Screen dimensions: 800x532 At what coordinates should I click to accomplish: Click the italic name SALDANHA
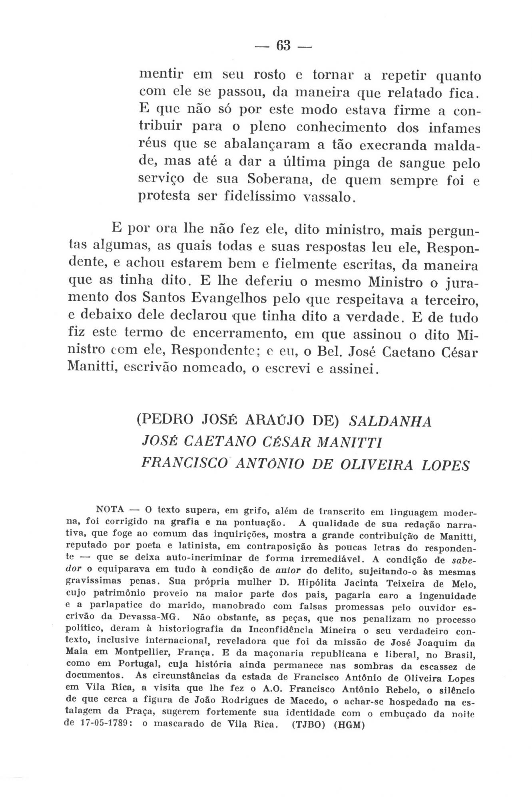pos(390,422)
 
